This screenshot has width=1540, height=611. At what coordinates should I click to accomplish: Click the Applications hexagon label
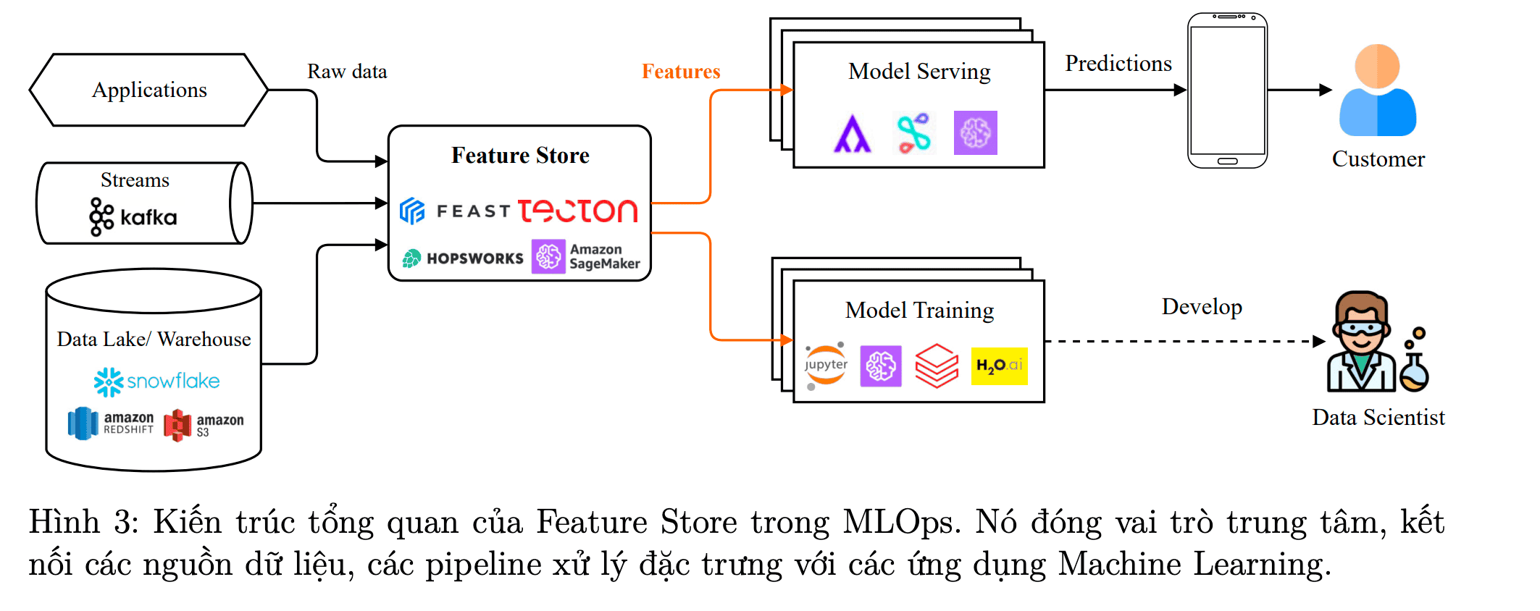click(149, 90)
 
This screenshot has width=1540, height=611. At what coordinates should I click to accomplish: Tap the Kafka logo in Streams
click(133, 216)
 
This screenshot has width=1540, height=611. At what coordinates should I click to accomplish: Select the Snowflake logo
click(156, 382)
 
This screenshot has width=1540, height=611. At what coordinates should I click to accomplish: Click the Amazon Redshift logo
click(110, 424)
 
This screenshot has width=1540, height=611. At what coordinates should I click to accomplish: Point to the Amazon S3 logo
click(203, 425)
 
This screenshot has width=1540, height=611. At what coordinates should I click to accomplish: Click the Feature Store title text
click(520, 156)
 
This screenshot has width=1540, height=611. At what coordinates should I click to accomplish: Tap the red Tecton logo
click(577, 211)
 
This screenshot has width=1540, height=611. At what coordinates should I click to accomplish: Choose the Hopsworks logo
click(463, 258)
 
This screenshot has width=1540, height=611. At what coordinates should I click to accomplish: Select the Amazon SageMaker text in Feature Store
click(604, 257)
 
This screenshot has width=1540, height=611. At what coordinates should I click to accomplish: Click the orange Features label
click(681, 72)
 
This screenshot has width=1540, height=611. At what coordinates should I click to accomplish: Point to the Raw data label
click(347, 72)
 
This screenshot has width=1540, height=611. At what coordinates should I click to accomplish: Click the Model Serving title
click(919, 72)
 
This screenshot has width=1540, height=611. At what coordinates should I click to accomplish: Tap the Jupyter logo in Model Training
click(826, 365)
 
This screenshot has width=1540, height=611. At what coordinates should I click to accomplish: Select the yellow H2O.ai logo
click(999, 366)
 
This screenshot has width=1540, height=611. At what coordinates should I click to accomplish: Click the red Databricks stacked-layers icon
click(937, 366)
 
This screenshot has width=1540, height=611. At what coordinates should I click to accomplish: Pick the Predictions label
click(1118, 64)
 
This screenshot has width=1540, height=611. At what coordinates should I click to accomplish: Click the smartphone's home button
click(1227, 161)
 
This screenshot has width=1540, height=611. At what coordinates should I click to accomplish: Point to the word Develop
click(1202, 307)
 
